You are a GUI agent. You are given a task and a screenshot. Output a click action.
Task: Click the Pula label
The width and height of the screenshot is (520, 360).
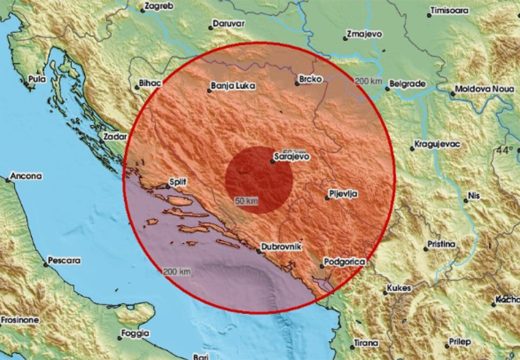pos(37,77)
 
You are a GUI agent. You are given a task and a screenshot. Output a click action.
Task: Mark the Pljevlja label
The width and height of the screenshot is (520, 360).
pos(346,193)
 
